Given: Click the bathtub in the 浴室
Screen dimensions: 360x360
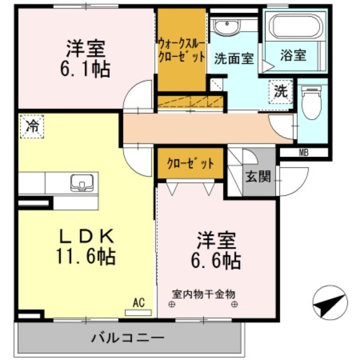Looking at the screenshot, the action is pyautogui.click(x=296, y=27).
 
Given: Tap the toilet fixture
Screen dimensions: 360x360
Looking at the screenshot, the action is pyautogui.click(x=311, y=103).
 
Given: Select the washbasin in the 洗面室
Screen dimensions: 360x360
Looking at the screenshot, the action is pyautogui.click(x=227, y=27).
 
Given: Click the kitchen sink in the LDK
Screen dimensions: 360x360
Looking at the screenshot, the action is pyautogui.click(x=82, y=183).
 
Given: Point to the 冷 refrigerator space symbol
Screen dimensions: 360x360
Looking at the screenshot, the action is pyautogui.click(x=32, y=126).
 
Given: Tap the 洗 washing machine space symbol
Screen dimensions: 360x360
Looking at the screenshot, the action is pyautogui.click(x=281, y=92).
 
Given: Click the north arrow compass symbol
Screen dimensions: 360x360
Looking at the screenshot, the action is pyautogui.click(x=330, y=302).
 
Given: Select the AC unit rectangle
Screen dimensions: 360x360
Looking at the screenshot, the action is pyautogui.click(x=138, y=313).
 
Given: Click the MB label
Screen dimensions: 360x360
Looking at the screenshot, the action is pyautogui.click(x=304, y=153).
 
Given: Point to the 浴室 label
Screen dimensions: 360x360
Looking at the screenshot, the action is pyautogui.click(x=293, y=55).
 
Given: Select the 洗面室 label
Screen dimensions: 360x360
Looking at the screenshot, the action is pyautogui.click(x=234, y=58).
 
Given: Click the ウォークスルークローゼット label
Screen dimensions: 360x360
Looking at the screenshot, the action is pyautogui.click(x=182, y=50).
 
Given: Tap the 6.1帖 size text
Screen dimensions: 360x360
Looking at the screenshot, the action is pyautogui.click(x=85, y=69).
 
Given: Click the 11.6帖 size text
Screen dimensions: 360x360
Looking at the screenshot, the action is pyautogui.click(x=86, y=256).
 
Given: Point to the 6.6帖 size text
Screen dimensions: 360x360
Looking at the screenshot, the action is pyautogui.click(x=216, y=261).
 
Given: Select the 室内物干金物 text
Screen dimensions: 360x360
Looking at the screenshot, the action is pyautogui.click(x=204, y=294).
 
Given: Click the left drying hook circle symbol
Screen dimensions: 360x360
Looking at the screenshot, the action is pyautogui.click(x=172, y=305).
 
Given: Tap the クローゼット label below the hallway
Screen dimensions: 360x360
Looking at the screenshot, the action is pyautogui.click(x=190, y=163).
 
